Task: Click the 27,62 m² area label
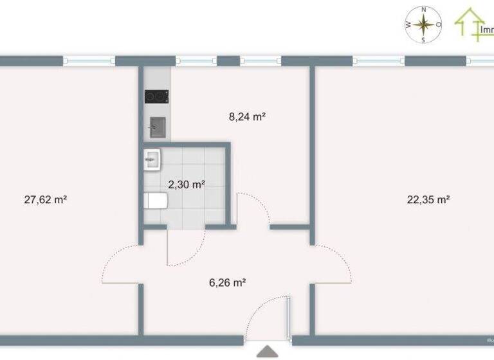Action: [x=46, y=200]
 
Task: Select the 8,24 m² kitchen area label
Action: [x=248, y=117]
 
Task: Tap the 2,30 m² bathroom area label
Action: [x=187, y=184]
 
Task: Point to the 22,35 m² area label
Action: [x=428, y=199]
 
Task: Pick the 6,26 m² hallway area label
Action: [x=228, y=282]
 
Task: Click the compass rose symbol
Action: [x=424, y=24]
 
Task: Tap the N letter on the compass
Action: [x=424, y=10]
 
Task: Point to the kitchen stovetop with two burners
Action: [x=156, y=96]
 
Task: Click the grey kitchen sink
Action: [x=158, y=127]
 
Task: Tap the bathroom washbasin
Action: [x=152, y=159]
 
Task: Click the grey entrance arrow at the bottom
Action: [x=268, y=352]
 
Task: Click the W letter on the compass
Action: [x=408, y=25]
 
